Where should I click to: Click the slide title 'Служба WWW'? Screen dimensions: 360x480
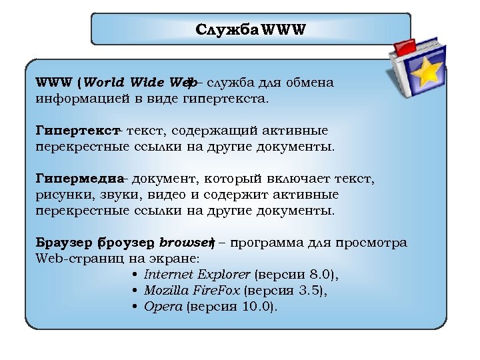pos(250,31)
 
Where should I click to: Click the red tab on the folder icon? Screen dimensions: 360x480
pos(405,46)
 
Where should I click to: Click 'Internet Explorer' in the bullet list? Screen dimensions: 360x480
pos(197,275)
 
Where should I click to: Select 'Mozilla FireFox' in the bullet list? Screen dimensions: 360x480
pos(192,291)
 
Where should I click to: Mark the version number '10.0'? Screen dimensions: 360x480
pos(258,307)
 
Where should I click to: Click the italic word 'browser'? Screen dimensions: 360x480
pos(184,243)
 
